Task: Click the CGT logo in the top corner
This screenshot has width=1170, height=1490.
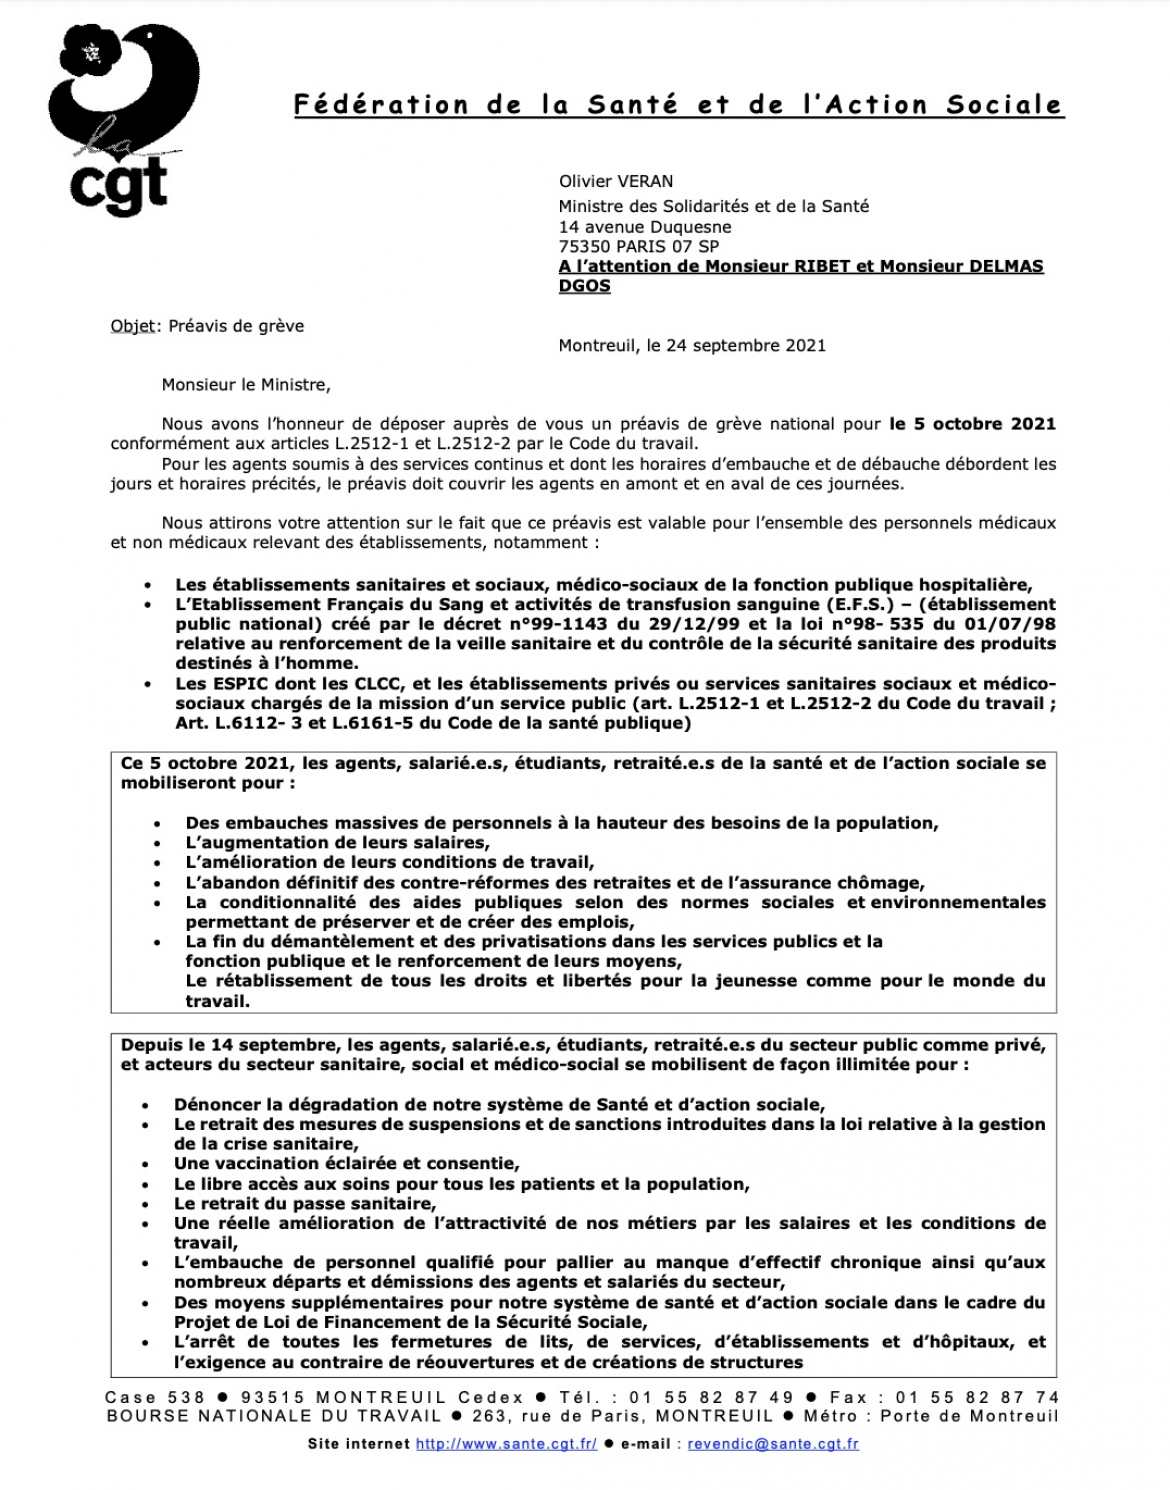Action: [x=123, y=120]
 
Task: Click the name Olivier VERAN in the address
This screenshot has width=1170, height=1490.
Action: [x=615, y=181]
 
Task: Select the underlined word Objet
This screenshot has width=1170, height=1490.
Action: [x=133, y=326]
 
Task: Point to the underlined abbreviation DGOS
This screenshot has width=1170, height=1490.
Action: [x=584, y=286]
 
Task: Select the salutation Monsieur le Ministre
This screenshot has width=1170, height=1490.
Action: [x=245, y=385]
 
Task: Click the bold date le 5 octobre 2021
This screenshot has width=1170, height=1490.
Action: [x=972, y=424]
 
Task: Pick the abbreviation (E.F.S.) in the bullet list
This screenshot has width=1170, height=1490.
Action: [x=859, y=604]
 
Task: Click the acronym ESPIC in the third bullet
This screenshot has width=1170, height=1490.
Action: [x=240, y=684]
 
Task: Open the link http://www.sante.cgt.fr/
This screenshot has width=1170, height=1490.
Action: [x=506, y=1444]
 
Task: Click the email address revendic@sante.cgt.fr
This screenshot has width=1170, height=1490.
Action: [x=772, y=1444]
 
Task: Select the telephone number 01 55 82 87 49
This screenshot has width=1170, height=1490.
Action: [x=711, y=1397]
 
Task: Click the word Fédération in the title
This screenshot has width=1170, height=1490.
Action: [x=381, y=105]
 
